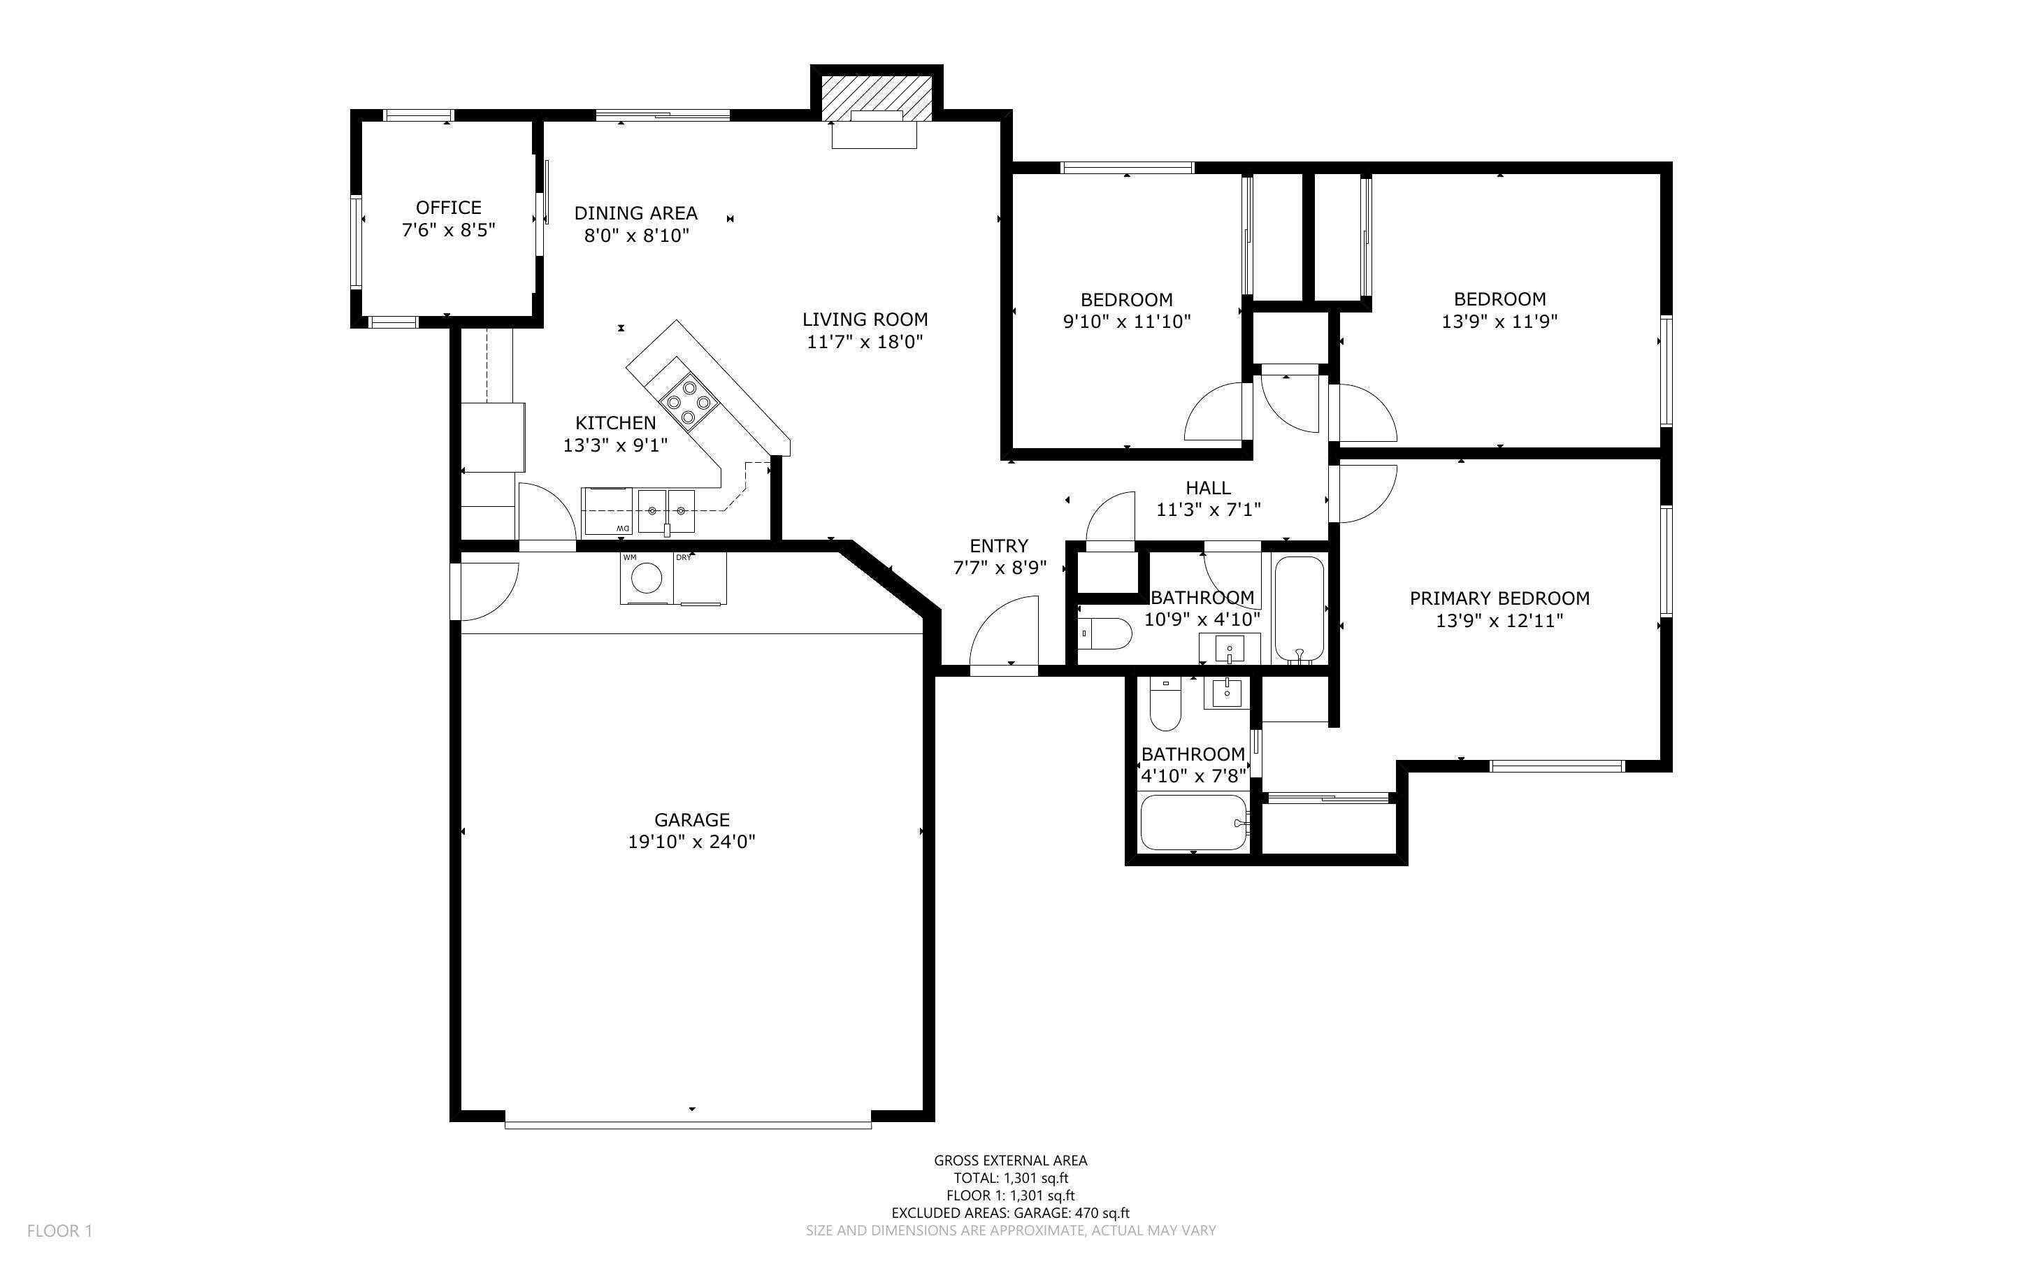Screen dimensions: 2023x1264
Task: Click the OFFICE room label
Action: pos(449,208)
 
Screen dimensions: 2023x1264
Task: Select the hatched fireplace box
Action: pos(876,99)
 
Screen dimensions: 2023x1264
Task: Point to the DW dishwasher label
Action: pos(623,529)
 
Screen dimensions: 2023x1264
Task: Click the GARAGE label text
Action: pos(692,820)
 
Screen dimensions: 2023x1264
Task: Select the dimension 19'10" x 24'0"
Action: pos(692,842)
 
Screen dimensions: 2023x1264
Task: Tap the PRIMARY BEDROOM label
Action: pos(1499,598)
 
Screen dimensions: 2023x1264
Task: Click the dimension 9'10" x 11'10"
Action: pos(1126,321)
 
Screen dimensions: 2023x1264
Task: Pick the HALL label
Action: pos(1207,487)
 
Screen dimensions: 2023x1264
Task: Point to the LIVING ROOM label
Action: pos(865,319)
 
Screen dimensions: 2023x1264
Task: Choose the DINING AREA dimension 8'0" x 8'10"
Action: pos(636,235)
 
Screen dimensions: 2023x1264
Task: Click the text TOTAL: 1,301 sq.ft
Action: pos(1010,1178)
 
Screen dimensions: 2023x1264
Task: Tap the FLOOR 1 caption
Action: pos(59,1230)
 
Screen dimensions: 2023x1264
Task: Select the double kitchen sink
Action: pos(666,512)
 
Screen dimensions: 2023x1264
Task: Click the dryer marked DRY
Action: pos(701,577)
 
